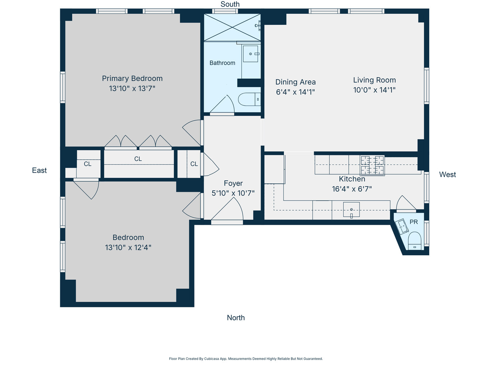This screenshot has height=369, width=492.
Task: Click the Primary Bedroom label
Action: (132, 78)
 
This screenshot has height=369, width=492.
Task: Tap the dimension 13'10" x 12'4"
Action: (128, 247)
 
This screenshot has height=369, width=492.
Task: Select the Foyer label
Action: (233, 183)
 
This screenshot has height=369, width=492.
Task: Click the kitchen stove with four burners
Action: (372, 165)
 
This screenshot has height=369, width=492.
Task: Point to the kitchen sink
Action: (351, 209)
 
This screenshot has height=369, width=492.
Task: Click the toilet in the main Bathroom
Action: (249, 99)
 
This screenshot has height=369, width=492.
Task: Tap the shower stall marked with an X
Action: (232, 28)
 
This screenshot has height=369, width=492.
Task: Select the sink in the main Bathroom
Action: (251, 54)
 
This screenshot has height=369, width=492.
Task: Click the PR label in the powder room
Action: (413, 222)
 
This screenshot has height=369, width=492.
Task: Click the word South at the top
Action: (230, 4)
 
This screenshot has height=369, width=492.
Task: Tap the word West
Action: (447, 175)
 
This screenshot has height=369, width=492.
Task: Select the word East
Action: (39, 170)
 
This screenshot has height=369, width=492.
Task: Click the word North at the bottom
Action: (235, 318)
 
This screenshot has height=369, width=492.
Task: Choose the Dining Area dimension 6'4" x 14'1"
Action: (295, 92)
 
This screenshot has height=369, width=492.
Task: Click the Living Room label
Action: (374, 80)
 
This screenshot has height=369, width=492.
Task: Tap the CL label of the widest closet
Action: (138, 159)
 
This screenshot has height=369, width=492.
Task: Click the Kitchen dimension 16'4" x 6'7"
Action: (352, 189)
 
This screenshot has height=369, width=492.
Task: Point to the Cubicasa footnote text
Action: (246, 359)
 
